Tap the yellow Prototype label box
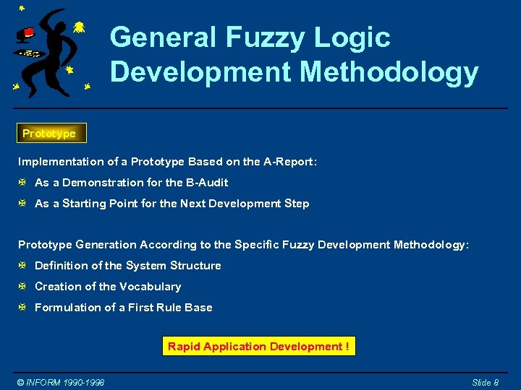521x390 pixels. [x=49, y=134]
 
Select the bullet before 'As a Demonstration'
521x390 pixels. [x=23, y=183]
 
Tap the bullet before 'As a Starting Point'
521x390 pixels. [x=23, y=204]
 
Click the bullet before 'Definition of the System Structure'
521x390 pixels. [x=23, y=266]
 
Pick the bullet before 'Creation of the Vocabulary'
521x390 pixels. [x=23, y=287]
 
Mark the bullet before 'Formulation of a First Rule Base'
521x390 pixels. [x=23, y=308]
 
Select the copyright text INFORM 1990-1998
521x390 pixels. [x=61, y=382]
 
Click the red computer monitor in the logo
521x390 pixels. [x=27, y=33]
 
